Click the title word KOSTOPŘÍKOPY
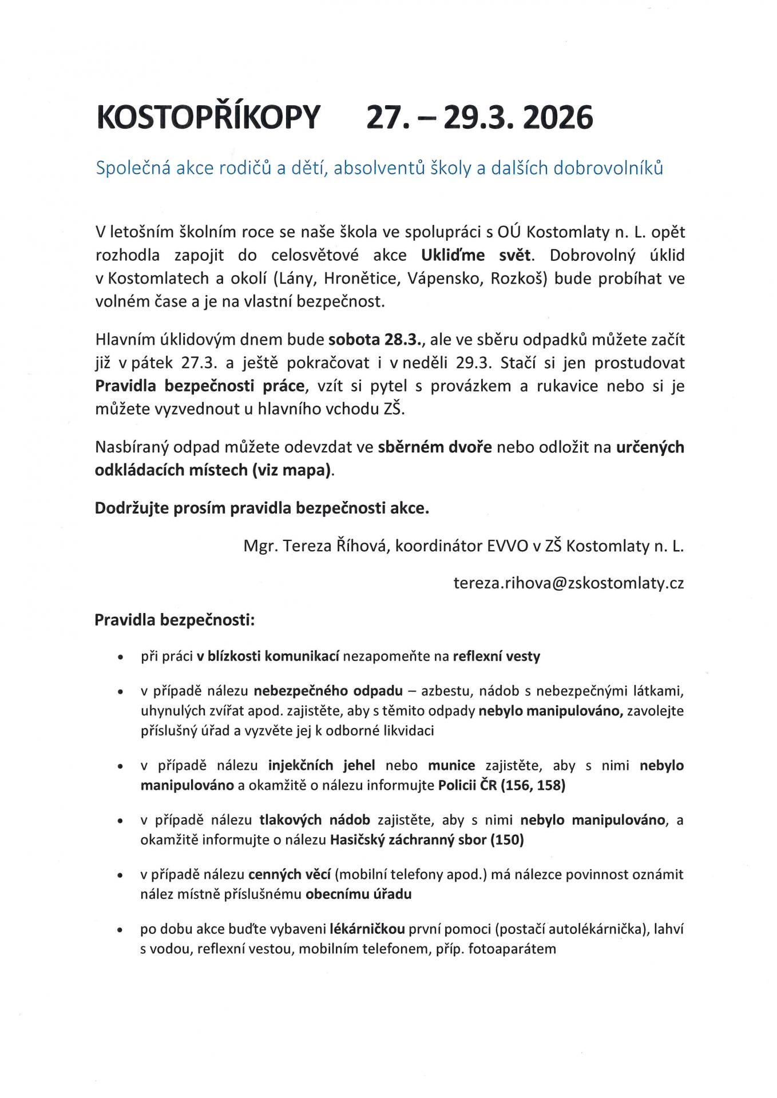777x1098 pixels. (208, 118)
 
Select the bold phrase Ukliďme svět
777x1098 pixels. (477, 255)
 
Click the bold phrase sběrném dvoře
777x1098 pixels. (435, 447)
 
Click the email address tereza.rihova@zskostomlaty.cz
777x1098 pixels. (568, 583)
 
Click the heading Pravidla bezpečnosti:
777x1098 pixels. (175, 620)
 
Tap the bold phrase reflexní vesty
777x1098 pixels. (496, 657)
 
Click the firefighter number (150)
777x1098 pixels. (507, 840)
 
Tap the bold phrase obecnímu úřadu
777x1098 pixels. (358, 894)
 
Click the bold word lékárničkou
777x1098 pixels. (367, 929)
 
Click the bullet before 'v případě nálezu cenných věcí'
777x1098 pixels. (120, 876)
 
